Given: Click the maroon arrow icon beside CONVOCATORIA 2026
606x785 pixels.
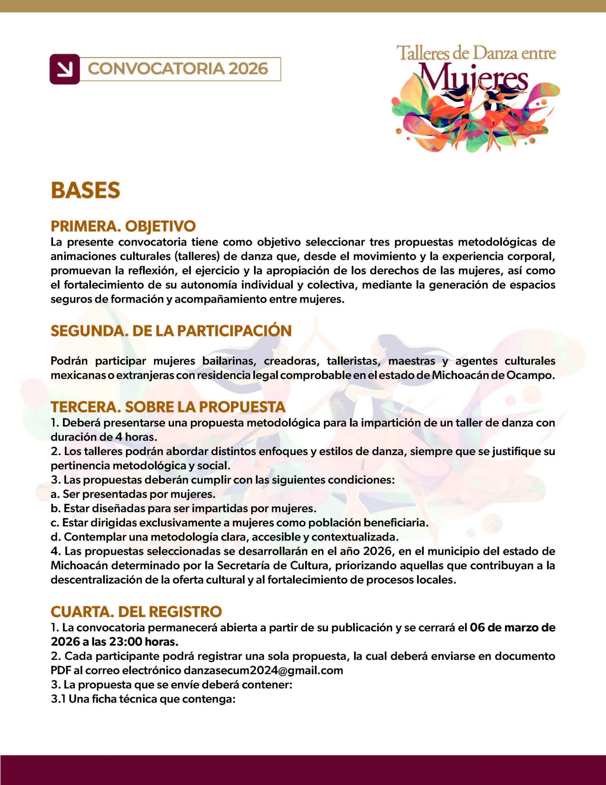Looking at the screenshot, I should pos(65,69).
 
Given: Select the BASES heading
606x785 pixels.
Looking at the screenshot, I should pos(85,190).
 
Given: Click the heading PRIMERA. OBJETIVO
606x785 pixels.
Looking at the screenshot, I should pos(123,226).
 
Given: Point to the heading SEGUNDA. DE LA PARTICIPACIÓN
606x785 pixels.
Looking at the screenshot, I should pos(171,331).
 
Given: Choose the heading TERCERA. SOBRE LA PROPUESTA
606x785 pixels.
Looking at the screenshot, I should pos(168,407).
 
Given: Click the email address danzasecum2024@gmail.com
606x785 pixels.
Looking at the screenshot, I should pos(263,671).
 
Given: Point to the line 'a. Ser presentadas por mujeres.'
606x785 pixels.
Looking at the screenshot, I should pos(133,494).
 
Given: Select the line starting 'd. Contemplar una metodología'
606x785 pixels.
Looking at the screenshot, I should pos(225,537).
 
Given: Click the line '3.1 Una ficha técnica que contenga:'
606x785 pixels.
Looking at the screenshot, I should pos(143,699).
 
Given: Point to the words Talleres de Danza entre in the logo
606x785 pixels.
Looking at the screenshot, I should pos(476,53).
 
